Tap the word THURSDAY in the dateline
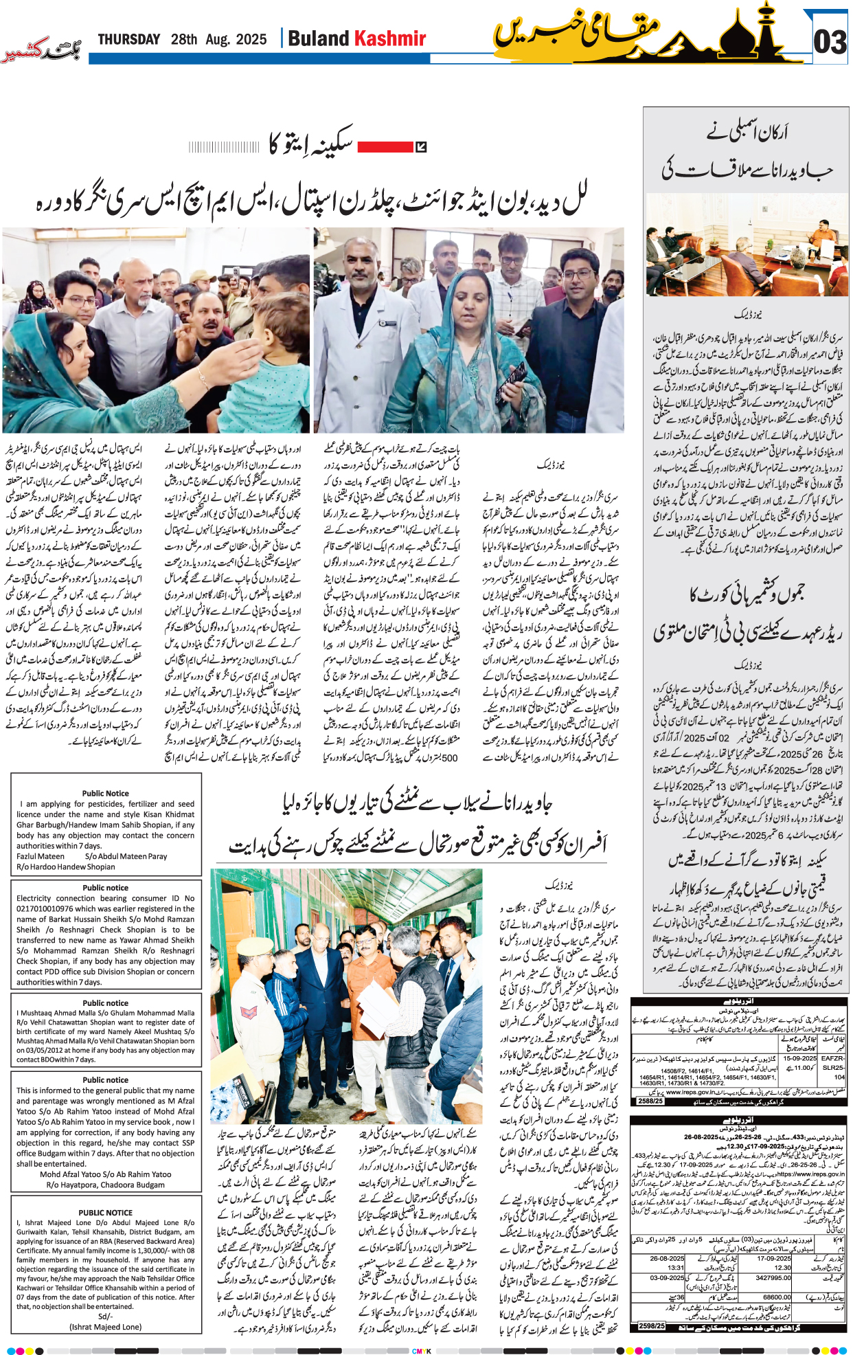tap(128, 40)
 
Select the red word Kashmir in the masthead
tap(389, 39)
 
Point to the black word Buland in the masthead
tap(318, 39)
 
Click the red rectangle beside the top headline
tap(385, 146)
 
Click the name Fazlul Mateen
tap(41, 856)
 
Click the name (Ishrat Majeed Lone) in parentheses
tap(105, 1327)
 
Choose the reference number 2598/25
tap(650, 1325)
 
